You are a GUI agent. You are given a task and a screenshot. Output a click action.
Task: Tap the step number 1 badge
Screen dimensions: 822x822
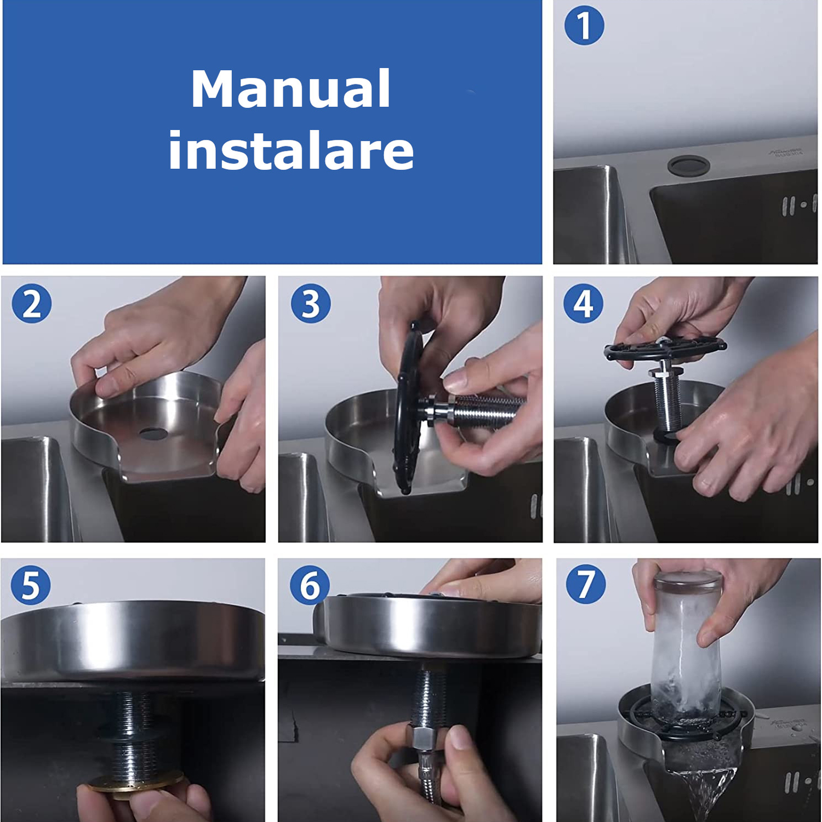click(x=584, y=25)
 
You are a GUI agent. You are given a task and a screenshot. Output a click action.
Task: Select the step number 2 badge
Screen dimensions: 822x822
click(x=32, y=304)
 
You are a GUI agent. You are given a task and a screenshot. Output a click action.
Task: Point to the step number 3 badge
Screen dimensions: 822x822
click(x=311, y=303)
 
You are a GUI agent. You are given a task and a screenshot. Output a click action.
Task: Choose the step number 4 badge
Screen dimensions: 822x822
click(x=583, y=303)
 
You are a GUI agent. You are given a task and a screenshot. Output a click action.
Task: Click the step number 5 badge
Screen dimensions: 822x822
click(x=31, y=585)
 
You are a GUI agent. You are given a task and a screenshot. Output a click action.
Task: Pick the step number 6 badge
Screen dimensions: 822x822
click(x=310, y=585)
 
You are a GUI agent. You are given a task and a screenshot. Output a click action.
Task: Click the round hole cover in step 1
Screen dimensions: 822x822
click(x=689, y=164)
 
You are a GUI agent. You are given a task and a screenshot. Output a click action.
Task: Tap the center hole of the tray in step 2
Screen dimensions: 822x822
click(x=153, y=433)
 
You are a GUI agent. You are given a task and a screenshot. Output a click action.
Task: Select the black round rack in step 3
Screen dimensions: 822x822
click(x=408, y=408)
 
